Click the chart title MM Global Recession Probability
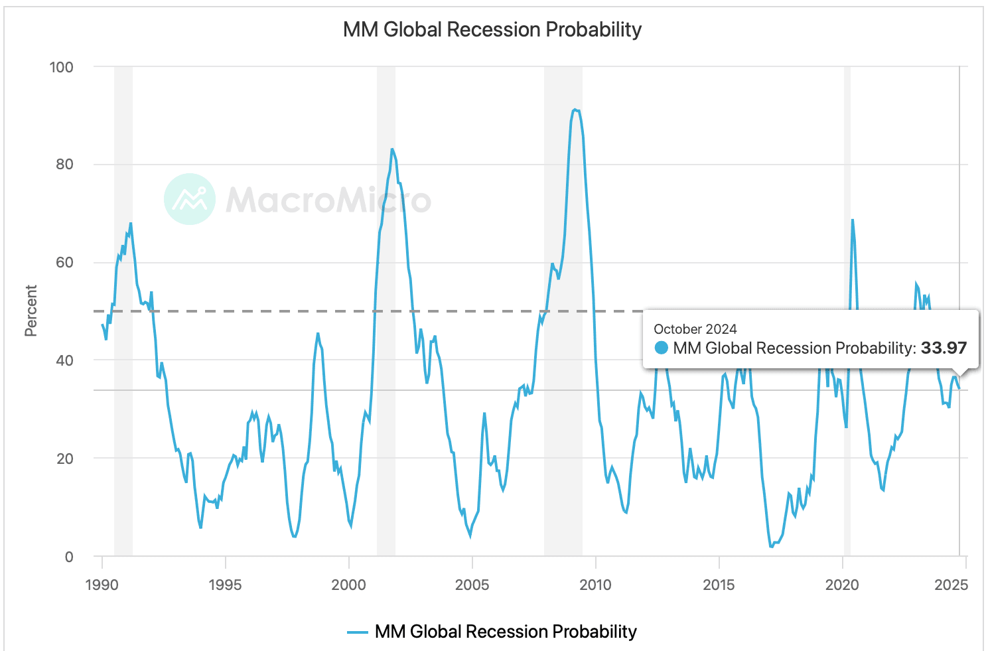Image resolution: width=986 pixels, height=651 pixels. pyautogui.click(x=492, y=30)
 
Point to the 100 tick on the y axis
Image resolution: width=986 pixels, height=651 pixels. pyautogui.click(x=61, y=67)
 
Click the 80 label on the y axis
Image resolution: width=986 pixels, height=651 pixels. pyautogui.click(x=64, y=165)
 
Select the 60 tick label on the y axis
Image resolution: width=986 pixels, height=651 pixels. pyautogui.click(x=64, y=262)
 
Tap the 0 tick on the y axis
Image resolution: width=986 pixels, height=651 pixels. pyautogui.click(x=69, y=557)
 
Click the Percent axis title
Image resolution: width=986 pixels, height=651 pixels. pyautogui.click(x=31, y=311)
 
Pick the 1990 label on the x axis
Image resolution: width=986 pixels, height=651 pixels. pyautogui.click(x=102, y=585)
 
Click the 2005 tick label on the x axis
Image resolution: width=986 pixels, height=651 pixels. pyautogui.click(x=472, y=585)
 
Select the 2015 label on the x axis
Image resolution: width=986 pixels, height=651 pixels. pyautogui.click(x=719, y=585)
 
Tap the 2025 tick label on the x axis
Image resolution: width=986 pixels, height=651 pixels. pyautogui.click(x=951, y=585)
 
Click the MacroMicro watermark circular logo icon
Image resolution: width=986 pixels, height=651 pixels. pyautogui.click(x=190, y=199)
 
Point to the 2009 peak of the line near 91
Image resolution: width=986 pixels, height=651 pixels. pyautogui.click(x=574, y=109)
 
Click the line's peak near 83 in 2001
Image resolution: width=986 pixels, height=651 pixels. pyautogui.click(x=392, y=149)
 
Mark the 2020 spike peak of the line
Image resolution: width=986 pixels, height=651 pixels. pyautogui.click(x=852, y=220)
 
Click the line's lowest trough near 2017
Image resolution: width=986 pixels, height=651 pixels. pyautogui.click(x=772, y=547)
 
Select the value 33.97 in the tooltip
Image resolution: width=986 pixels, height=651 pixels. pyautogui.click(x=944, y=348)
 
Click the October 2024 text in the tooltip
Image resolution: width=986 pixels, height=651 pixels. pyautogui.click(x=695, y=329)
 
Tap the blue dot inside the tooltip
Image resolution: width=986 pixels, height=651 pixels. pyautogui.click(x=661, y=348)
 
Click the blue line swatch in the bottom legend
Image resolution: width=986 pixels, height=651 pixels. pyautogui.click(x=358, y=632)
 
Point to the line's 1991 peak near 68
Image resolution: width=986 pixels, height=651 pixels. pyautogui.click(x=131, y=223)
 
